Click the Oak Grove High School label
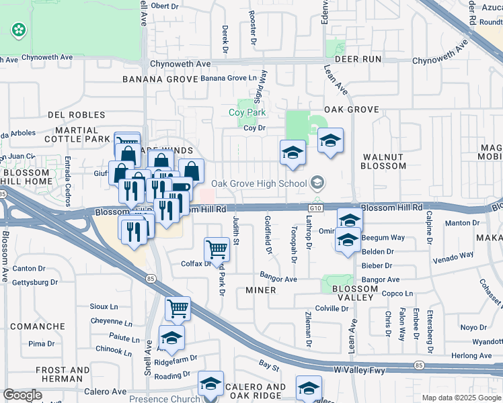pyautogui.click(x=259, y=183)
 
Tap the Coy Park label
pyautogui.click(x=252, y=113)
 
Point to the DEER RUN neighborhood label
pyautogui.click(x=358, y=59)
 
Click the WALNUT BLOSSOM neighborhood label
pyautogui.click(x=384, y=161)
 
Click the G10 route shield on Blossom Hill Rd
pyautogui.click(x=317, y=209)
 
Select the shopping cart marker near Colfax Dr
pyautogui.click(x=217, y=249)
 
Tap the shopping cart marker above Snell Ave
pyautogui.click(x=178, y=309)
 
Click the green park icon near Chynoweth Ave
pyautogui.click(x=18, y=30)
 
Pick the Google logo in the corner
pyautogui.click(x=22, y=395)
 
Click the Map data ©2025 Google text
pyautogui.click(x=462, y=398)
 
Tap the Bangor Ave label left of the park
pyautogui.click(x=278, y=279)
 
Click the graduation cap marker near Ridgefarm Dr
pyautogui.click(x=171, y=337)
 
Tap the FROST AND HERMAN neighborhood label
pyautogui.click(x=63, y=375)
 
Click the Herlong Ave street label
pyautogui.click(x=472, y=356)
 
